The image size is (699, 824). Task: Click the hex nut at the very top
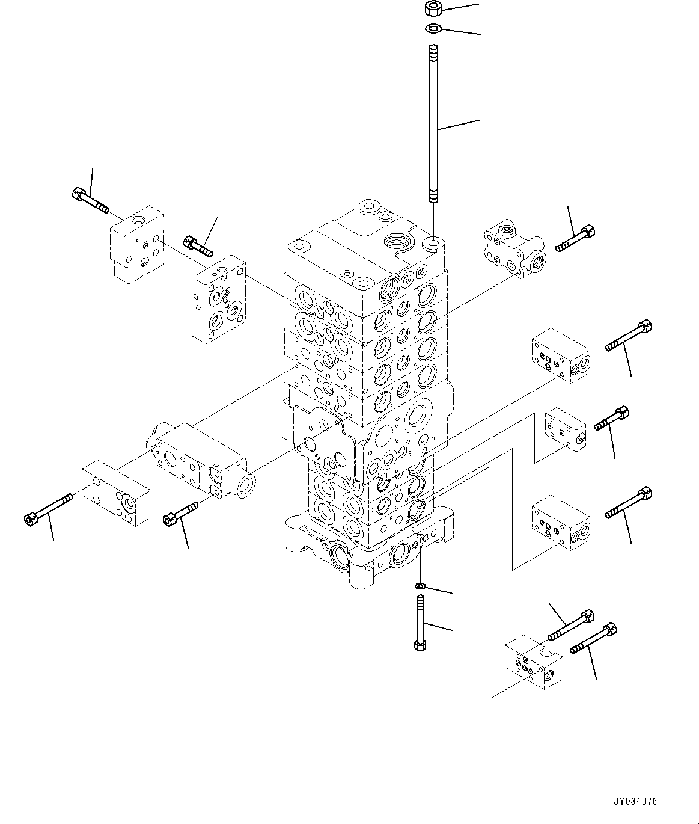click(x=432, y=9)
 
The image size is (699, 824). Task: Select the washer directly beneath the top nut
click(x=433, y=28)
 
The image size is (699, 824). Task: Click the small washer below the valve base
click(x=421, y=586)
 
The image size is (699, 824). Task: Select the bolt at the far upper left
click(x=90, y=201)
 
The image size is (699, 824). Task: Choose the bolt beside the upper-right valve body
click(x=576, y=238)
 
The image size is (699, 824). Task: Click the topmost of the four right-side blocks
click(x=561, y=355)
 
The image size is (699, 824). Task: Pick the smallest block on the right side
click(x=564, y=429)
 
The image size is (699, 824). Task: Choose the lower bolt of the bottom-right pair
click(x=593, y=638)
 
